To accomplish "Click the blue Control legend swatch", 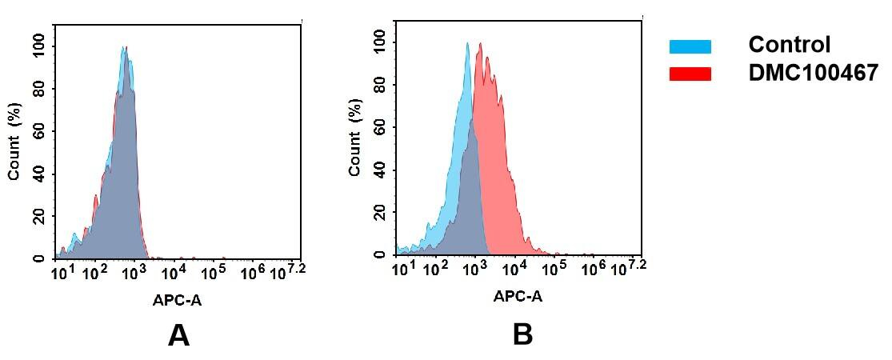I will click(690, 46).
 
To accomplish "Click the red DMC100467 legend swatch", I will click(690, 74).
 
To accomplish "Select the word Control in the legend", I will click(789, 45).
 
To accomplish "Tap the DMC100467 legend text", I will click(813, 73).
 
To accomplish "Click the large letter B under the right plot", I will click(522, 334).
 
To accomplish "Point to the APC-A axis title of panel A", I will click(178, 302).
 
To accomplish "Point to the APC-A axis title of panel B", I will click(518, 297).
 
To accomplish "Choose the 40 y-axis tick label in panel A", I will click(38, 174).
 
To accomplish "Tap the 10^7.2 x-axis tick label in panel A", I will click(290, 273).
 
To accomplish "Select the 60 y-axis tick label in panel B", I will click(379, 128).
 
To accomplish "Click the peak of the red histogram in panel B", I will click(480, 45).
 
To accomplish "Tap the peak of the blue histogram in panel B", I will click(467, 44).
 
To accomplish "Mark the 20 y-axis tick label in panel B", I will click(379, 213).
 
